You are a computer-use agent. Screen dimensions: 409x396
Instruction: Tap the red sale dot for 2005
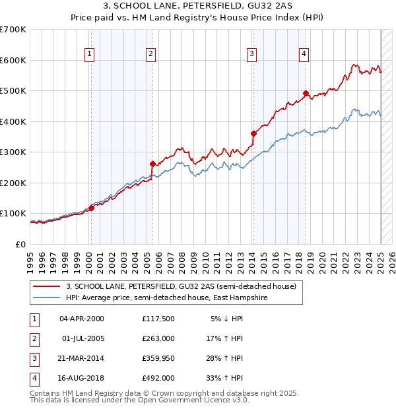coord(152,164)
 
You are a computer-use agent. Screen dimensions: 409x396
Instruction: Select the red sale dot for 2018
coord(306,93)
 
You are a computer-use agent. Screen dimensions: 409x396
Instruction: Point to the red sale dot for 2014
coord(253,133)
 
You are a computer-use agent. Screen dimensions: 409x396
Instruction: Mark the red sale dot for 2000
coord(91,208)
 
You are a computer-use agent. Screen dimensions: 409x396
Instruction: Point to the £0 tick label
coord(21,244)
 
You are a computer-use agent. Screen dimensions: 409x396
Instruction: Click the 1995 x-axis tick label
coord(30,261)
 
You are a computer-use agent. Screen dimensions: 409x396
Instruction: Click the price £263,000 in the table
coord(158,338)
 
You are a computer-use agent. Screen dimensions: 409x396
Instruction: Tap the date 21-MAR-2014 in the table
coord(82,359)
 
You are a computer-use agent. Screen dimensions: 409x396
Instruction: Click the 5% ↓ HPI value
coord(227,319)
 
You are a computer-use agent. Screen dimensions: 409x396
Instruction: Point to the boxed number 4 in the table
coord(34,379)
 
